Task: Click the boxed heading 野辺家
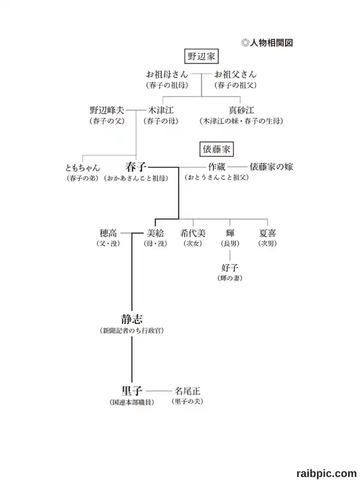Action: [x=202, y=56]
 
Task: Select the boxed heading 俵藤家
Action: [x=217, y=149]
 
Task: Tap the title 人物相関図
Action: [x=271, y=43]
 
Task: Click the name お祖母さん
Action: [x=167, y=74]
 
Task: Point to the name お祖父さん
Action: [x=235, y=74]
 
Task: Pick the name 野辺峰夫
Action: [x=107, y=110]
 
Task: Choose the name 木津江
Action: [x=161, y=110]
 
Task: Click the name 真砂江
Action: [x=241, y=110]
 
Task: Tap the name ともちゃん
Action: [x=83, y=168]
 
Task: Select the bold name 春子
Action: [x=136, y=167]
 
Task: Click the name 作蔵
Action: [x=217, y=167]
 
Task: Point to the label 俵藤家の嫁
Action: [x=271, y=167]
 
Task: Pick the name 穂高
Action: [x=109, y=233]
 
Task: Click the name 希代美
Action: [x=193, y=233]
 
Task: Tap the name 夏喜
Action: [x=268, y=233]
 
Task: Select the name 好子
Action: [x=230, y=268]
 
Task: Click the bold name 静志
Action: [x=132, y=319]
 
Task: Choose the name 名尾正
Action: [x=187, y=391]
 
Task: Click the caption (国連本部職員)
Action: [x=132, y=402]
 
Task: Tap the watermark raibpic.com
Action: [x=326, y=473]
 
